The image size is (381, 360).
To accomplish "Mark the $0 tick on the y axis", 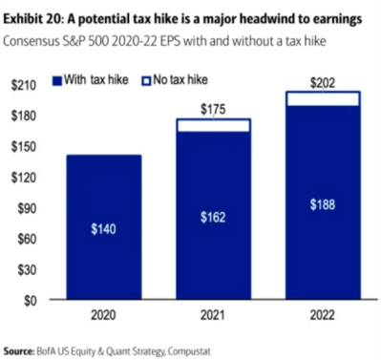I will [30, 299].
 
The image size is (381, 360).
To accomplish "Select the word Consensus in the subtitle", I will [35, 41].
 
